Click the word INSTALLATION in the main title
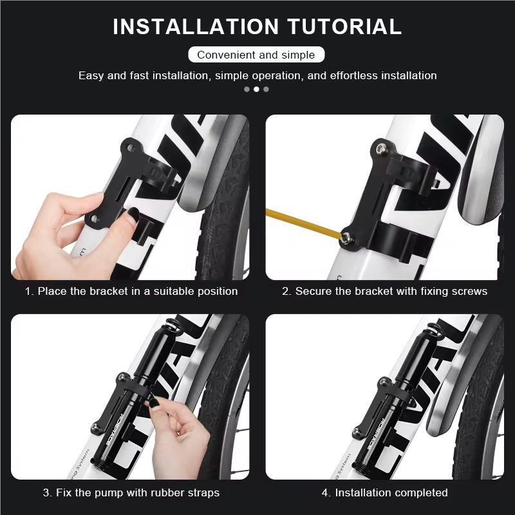(195, 26)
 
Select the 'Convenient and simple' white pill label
(256, 55)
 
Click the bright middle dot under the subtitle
(256, 89)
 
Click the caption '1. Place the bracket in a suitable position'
(131, 291)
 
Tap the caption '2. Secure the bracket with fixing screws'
(385, 291)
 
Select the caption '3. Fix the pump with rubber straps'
(131, 492)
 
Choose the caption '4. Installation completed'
(385, 492)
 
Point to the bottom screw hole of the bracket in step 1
(95, 220)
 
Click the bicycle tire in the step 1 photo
(225, 212)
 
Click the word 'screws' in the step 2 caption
(470, 291)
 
